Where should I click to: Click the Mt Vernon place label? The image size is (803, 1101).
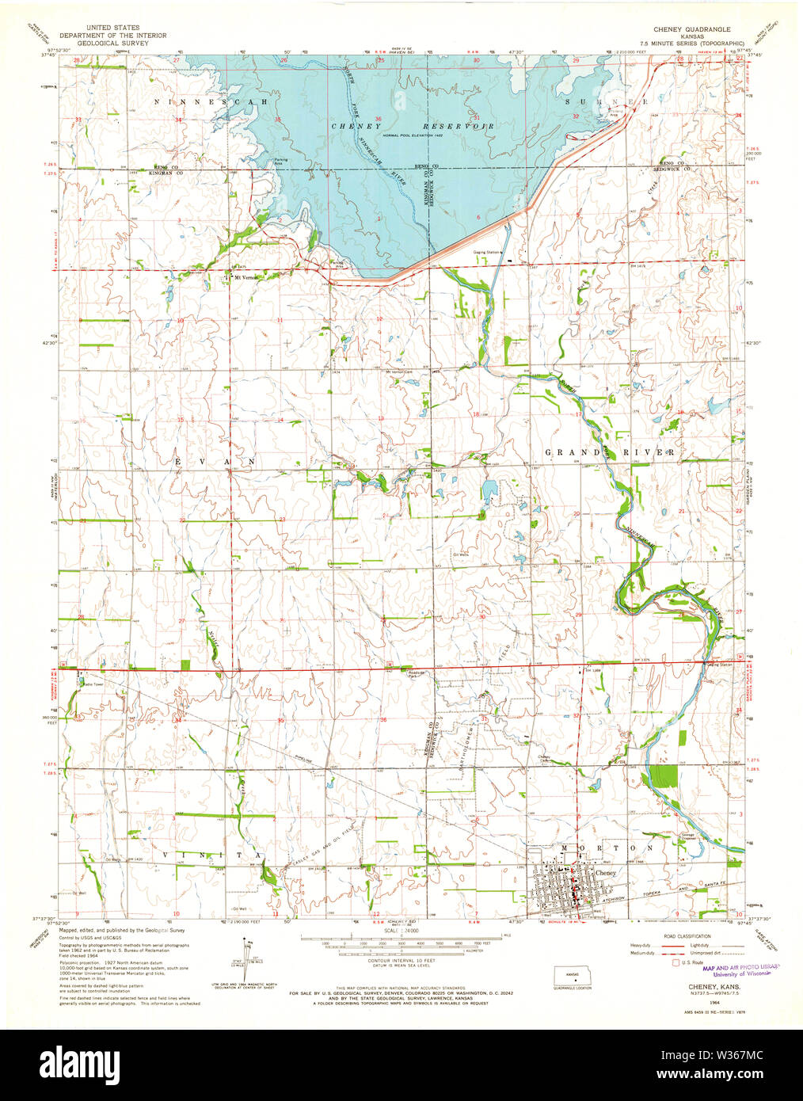pos(243,277)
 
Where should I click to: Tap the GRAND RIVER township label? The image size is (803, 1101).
pos(610,452)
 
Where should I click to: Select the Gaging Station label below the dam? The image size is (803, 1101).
pos(487,252)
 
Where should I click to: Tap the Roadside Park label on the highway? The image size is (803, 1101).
pos(417,674)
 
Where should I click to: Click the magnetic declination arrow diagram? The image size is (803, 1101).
pos(248,960)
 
